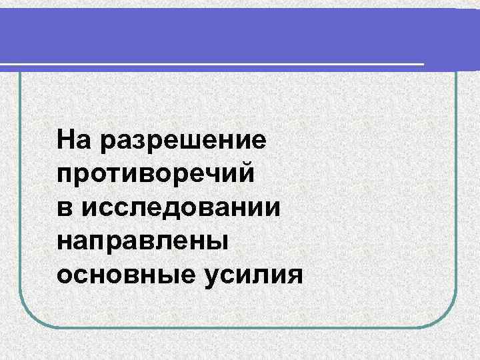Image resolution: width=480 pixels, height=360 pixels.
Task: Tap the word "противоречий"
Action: coord(156,175)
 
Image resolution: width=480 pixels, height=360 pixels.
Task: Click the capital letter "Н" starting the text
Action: coord(66,141)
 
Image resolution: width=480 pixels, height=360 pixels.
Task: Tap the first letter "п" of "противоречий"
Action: coord(65,175)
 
